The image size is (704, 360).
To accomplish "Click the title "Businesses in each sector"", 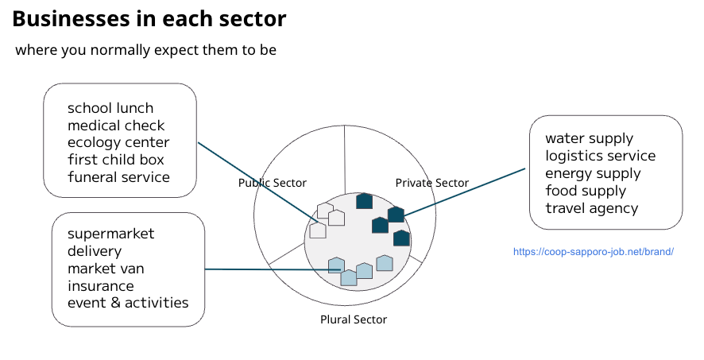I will coord(149,19).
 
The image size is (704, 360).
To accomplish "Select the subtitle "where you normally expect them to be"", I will coord(145,50).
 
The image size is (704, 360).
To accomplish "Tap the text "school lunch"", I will coord(110,108).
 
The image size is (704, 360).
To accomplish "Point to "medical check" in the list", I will coord(116,126).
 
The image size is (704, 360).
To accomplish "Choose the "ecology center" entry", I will coord(118,143).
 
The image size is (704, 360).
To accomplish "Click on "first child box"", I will coord(116,160).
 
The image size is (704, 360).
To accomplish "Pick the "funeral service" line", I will coord(118,177).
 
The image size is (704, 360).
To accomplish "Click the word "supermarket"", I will coord(111,234).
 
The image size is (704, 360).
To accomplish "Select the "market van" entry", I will coord(106,269).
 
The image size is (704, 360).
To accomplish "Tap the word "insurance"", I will coord(101,286).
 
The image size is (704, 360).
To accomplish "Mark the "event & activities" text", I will coord(128,303).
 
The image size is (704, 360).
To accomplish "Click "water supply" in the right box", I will coord(589,139).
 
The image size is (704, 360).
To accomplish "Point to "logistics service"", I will coord(600,156).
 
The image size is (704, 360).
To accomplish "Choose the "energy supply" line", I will coord(593,173).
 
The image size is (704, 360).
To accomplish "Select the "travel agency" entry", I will coord(591,208).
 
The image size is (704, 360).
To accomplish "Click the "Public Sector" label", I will coord(273,183).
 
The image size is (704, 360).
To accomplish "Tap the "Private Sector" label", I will coord(432,183).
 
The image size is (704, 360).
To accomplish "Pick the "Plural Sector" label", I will coord(354,319).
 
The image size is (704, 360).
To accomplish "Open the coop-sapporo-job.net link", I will coord(594,251).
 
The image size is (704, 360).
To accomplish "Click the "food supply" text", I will coord(586,191).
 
